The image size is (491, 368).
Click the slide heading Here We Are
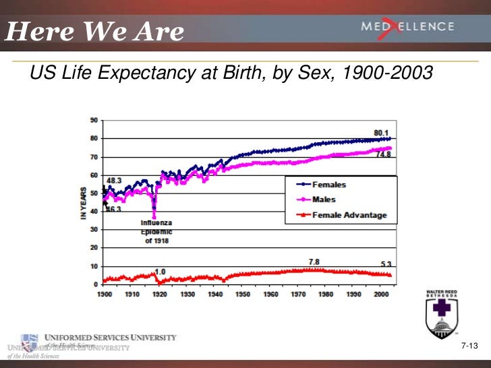click(94, 31)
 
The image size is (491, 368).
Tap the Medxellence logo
click(407, 27)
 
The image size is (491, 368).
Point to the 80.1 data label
click(382, 132)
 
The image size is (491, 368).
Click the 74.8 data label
click(383, 154)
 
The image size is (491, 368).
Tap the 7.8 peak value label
click(315, 262)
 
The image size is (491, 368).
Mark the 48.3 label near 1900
click(114, 181)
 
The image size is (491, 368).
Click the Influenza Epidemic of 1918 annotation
click(156, 232)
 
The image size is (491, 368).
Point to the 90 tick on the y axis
click(93, 120)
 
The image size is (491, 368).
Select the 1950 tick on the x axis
click(243, 295)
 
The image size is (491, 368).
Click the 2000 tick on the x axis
click(380, 295)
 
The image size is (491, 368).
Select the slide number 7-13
click(469, 346)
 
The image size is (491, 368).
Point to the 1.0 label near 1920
click(161, 272)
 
